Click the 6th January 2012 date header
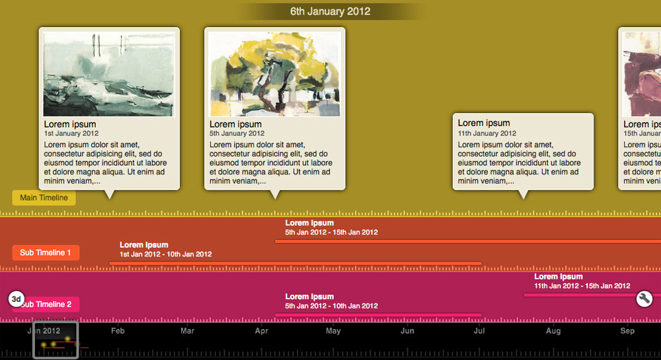330,11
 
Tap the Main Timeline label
44,198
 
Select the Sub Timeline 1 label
46,252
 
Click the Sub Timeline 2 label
48,305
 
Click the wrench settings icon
644,299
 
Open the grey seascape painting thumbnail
109,74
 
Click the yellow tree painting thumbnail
274,74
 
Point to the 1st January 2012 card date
71,133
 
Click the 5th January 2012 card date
237,133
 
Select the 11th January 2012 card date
487,133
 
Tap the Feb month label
118,330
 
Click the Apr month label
262,330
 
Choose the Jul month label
479,330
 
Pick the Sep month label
627,330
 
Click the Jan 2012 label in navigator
44,330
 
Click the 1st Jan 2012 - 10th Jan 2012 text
165,254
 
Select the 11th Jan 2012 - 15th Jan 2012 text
582,286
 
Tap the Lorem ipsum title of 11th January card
484,123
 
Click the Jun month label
407,330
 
